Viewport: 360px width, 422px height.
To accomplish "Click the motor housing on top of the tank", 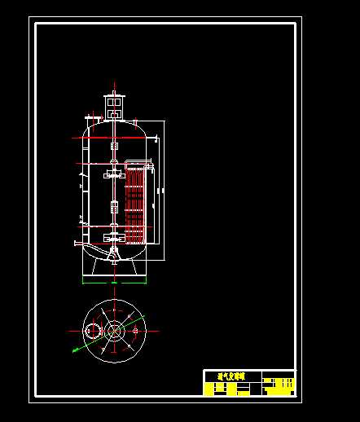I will (113, 107).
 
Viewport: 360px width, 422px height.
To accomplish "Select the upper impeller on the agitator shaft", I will (113, 173).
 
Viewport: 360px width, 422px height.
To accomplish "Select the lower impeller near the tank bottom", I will (113, 238).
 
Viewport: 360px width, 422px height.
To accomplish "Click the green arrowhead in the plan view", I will (74, 350).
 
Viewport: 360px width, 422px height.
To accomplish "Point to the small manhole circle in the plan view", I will (92, 331).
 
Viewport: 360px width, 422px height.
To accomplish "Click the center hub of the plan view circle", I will (114, 331).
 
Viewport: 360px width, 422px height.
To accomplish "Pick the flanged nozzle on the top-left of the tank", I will (92, 122).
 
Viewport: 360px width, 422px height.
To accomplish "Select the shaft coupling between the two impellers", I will (113, 204).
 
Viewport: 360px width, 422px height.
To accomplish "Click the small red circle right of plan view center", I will (134, 331).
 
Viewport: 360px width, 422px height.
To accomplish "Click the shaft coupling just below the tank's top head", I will (113, 147).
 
